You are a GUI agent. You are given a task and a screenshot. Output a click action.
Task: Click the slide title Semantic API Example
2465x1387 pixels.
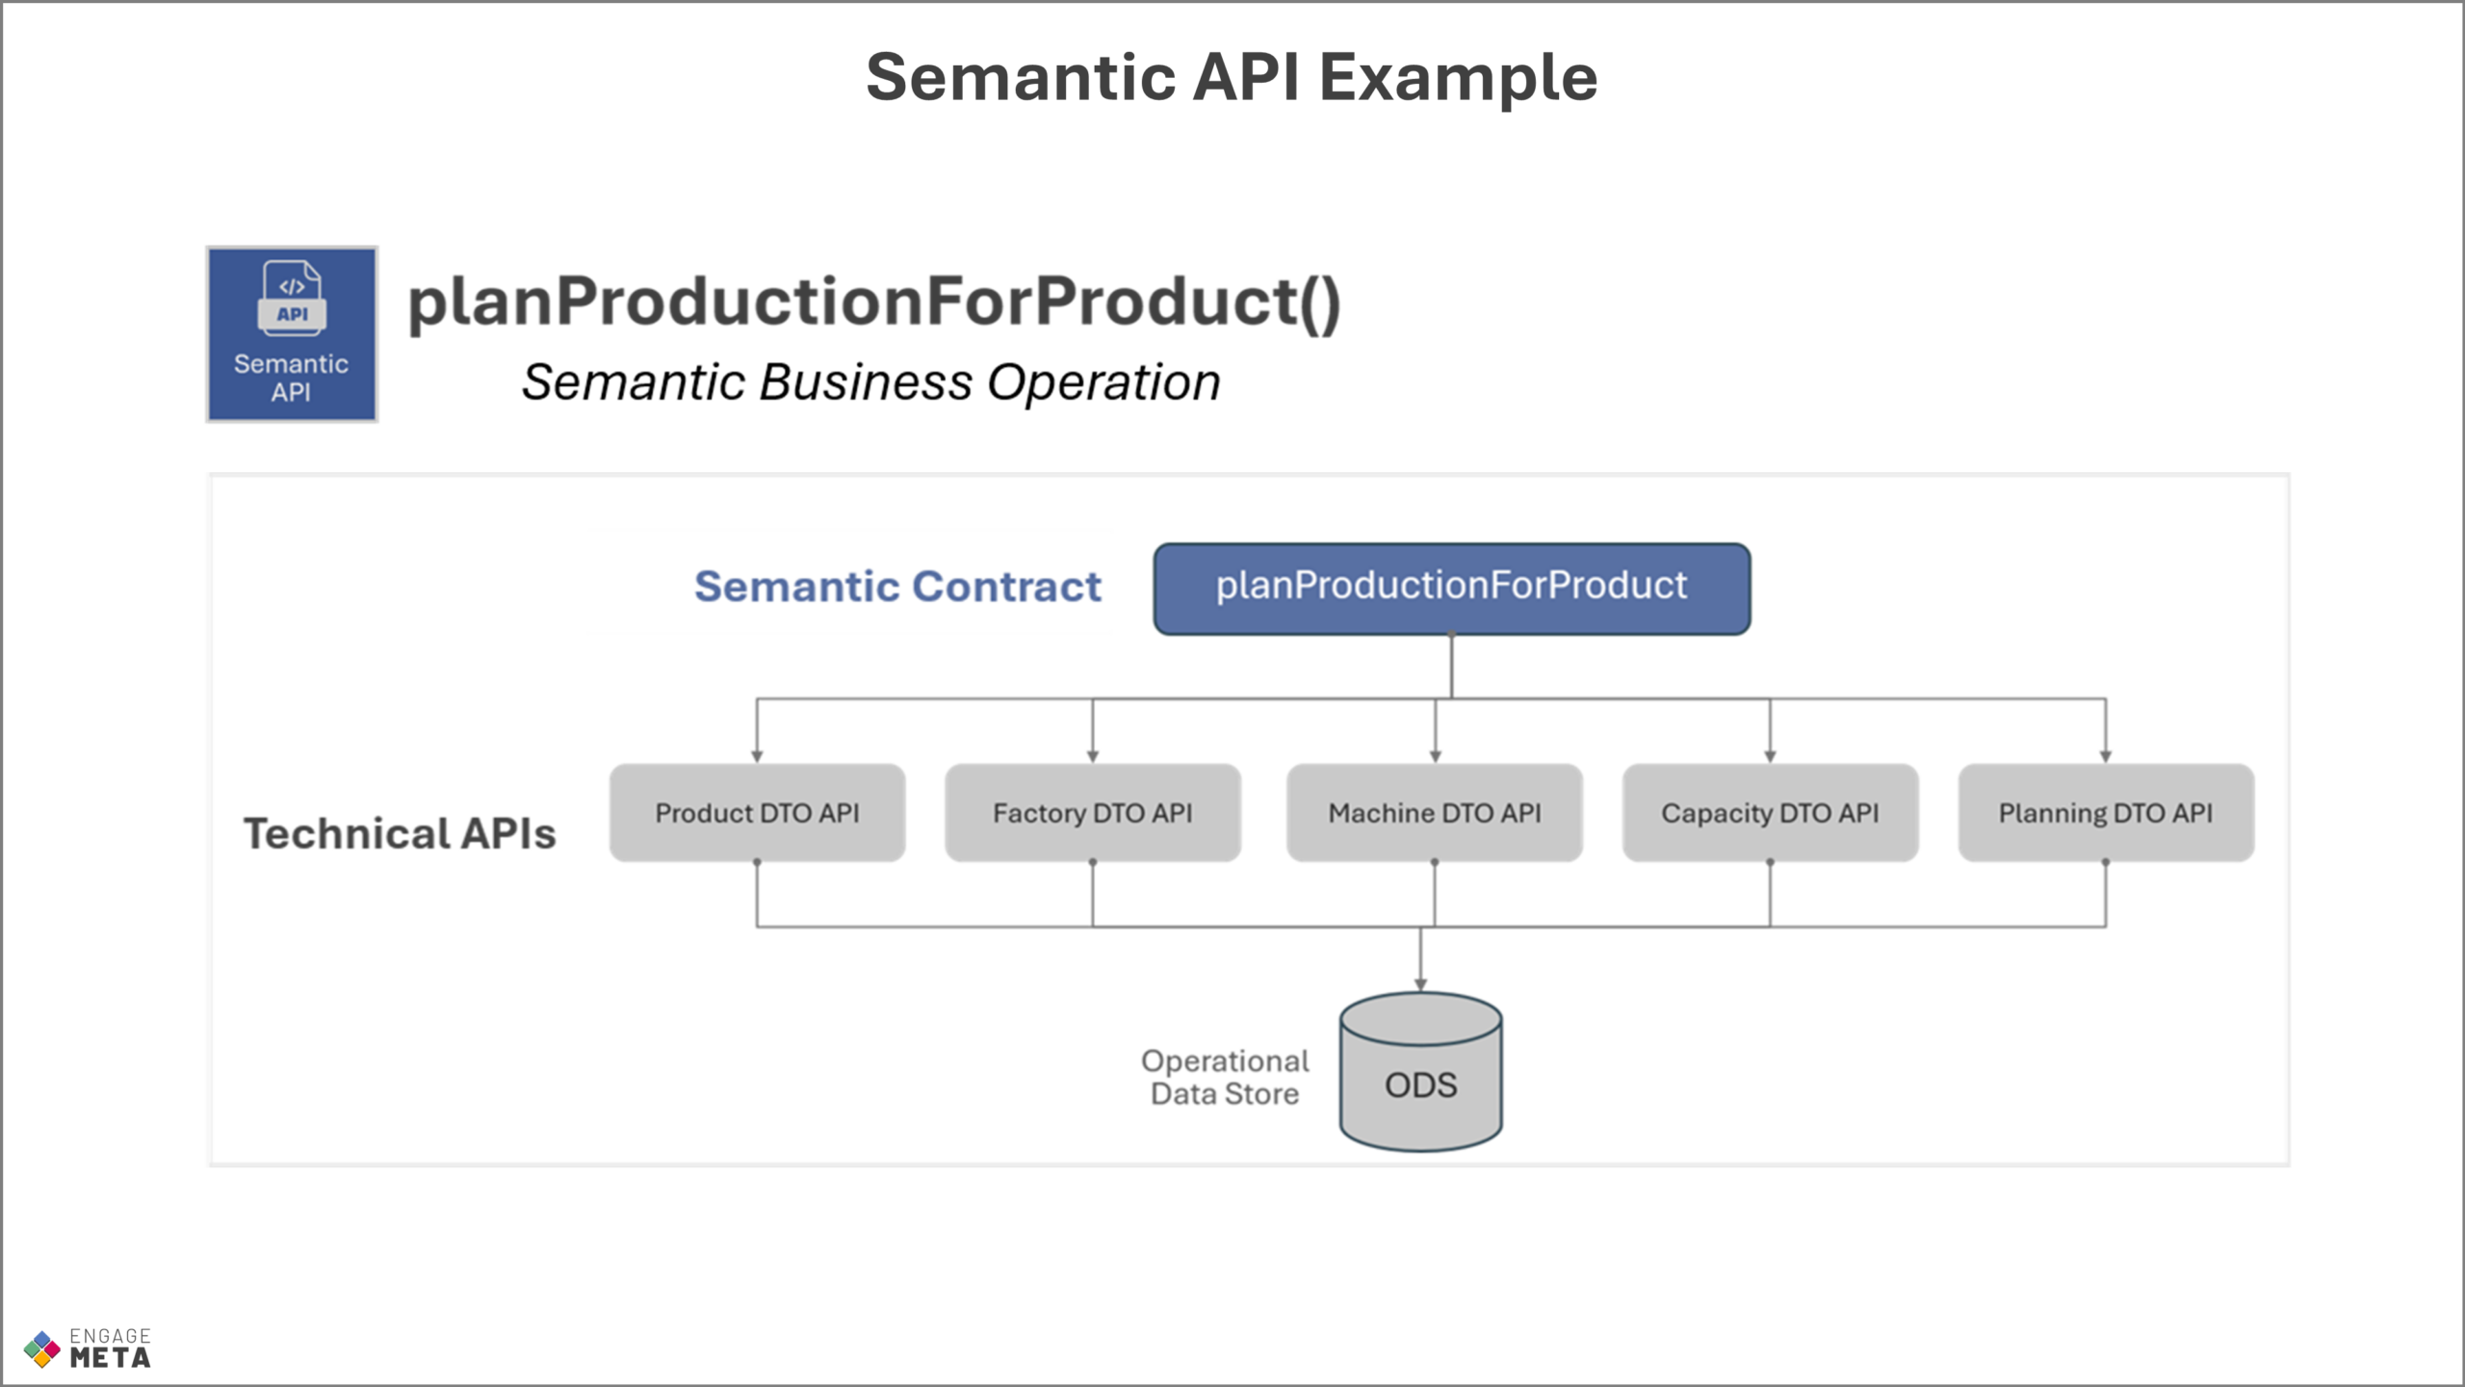pos(1232,78)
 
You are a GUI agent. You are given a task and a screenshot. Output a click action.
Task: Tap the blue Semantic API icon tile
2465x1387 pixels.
pos(292,334)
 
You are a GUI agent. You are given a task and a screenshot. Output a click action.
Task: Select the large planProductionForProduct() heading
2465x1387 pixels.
pos(874,302)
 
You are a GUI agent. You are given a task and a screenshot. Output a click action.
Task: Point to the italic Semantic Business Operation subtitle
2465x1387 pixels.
pos(870,382)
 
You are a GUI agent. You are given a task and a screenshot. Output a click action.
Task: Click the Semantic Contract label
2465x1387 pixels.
pos(897,587)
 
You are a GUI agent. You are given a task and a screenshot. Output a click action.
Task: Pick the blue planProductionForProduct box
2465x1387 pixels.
pos(1452,589)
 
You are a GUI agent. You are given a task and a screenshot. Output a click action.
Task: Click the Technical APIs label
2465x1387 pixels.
pos(400,833)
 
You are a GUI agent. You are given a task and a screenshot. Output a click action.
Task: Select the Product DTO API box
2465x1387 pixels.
pos(757,813)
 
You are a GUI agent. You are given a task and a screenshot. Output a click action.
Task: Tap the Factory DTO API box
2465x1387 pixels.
pos(1093,813)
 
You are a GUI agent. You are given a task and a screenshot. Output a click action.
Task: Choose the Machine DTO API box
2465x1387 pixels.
pos(1435,813)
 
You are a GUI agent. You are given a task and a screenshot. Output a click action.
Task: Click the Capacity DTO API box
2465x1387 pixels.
pos(1770,813)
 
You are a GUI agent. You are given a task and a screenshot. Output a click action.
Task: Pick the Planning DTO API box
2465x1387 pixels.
pos(2106,813)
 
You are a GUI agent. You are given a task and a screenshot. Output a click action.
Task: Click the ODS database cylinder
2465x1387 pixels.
pos(1420,1072)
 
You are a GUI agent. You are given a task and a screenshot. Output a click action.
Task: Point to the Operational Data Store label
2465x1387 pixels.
pos(1225,1077)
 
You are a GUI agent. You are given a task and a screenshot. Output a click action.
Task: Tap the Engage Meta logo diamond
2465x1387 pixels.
pos(41,1349)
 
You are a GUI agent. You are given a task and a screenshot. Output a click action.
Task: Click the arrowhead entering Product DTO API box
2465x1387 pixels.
pos(757,757)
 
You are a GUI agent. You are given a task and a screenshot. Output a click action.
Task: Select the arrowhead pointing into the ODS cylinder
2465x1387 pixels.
pos(1420,984)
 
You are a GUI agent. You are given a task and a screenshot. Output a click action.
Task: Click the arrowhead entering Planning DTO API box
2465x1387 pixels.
pos(2106,757)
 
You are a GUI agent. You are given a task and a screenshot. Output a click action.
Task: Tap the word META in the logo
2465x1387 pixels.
pos(110,1358)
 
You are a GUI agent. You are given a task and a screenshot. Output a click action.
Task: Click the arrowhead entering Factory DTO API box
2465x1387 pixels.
pos(1093,757)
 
